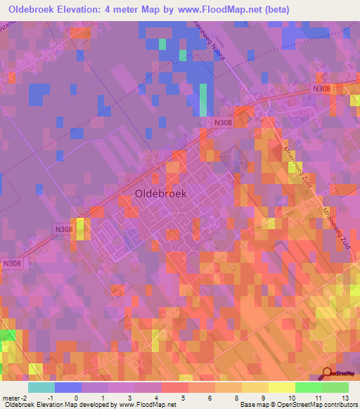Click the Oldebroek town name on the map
point(160,194)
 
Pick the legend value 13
point(345,398)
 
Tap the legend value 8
point(237,398)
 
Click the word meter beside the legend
point(10,398)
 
